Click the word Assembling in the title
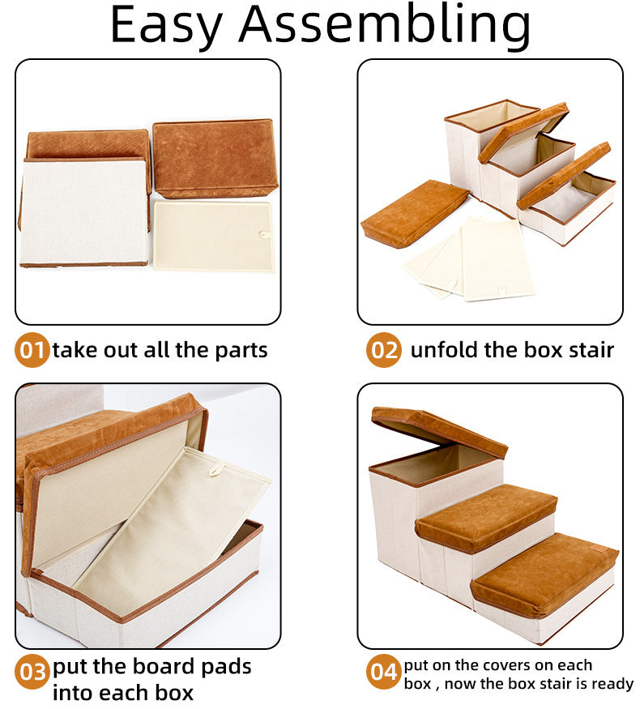[385, 26]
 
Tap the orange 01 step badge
[32, 350]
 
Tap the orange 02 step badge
[383, 350]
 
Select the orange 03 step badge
[32, 672]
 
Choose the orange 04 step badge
[383, 672]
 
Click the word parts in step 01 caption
[241, 351]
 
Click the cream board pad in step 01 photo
[213, 236]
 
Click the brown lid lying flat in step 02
[413, 212]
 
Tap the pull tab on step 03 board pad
[216, 464]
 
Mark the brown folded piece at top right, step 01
[215, 158]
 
